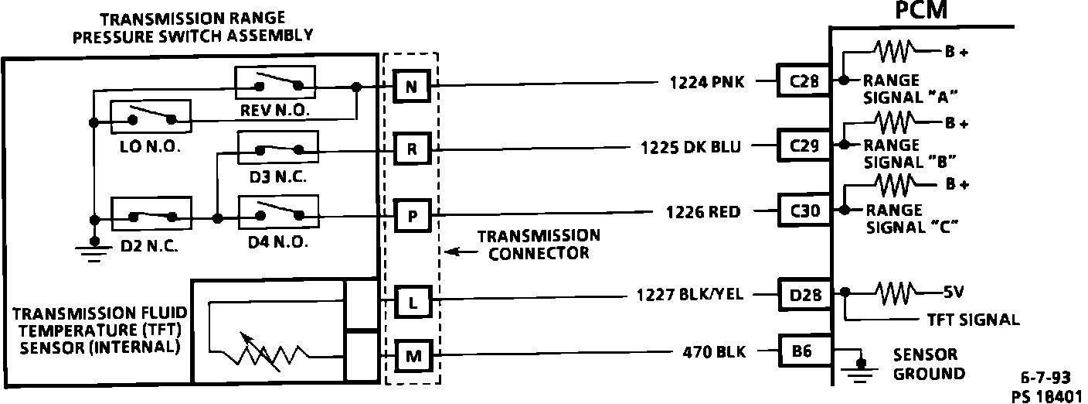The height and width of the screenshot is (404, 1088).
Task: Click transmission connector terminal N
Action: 411,85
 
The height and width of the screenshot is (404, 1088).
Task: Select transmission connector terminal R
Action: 411,148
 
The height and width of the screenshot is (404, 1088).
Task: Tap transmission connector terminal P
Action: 411,216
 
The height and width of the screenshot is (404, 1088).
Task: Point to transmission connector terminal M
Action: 411,356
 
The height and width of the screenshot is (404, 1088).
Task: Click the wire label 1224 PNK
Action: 706,81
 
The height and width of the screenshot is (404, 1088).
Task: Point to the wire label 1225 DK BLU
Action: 691,146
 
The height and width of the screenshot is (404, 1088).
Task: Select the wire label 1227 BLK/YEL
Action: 689,294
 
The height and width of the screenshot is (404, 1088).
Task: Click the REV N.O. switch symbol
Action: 275,81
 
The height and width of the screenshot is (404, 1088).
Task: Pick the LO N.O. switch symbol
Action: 152,117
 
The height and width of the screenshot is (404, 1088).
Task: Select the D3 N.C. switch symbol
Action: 277,147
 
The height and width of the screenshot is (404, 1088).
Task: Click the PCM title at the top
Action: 921,12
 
